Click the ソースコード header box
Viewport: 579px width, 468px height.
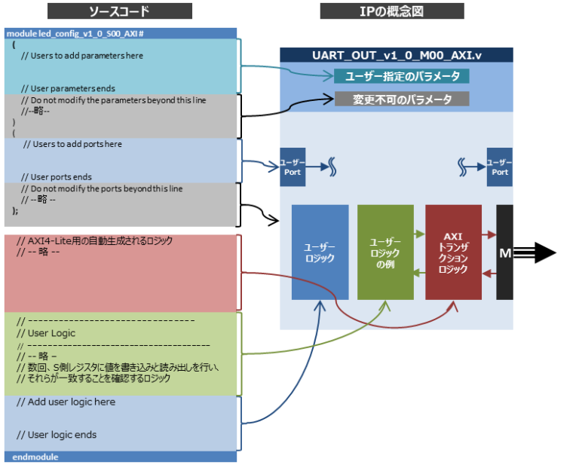120,11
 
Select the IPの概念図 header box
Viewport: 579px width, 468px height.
391,11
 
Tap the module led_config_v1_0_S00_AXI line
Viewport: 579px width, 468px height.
75,34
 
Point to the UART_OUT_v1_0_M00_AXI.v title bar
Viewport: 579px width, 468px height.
396,55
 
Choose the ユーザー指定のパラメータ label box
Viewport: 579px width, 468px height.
402,76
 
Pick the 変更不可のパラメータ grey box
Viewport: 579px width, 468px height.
402,99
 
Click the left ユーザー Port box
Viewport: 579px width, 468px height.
292,167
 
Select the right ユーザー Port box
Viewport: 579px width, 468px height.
499,167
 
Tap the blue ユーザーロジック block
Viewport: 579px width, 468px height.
320,252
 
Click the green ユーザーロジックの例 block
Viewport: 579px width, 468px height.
385,252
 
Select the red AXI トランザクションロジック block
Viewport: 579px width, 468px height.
453,252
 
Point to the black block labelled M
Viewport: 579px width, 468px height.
504,252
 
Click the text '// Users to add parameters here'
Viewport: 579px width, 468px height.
81,56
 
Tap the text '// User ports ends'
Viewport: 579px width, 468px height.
57,177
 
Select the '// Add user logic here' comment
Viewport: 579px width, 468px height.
66,402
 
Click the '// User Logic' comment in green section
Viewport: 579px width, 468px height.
46,333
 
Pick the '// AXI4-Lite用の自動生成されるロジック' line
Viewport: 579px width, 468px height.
95,241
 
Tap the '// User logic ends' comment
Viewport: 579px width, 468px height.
57,435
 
